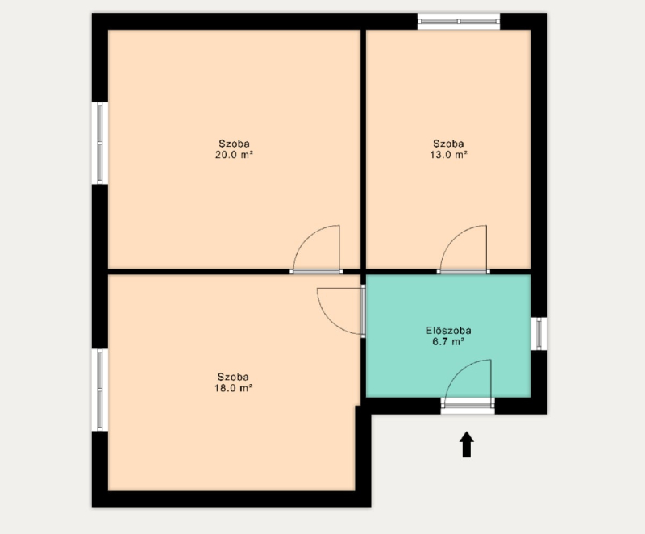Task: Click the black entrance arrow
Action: click(x=467, y=444)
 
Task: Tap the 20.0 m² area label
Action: click(x=234, y=155)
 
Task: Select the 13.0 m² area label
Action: click(x=448, y=155)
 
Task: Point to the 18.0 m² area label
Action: click(x=233, y=388)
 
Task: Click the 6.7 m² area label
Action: click(x=448, y=341)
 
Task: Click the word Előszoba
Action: click(x=448, y=331)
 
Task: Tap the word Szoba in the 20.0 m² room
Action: click(x=234, y=144)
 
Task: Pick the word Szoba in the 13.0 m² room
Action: click(x=448, y=144)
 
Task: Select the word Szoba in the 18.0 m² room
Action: click(x=233, y=377)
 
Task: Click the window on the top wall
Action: click(x=459, y=22)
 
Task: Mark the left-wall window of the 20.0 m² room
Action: click(x=100, y=143)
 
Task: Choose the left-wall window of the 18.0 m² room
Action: click(x=100, y=390)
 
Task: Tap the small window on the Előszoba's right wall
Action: click(x=539, y=334)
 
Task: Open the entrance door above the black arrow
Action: click(x=468, y=406)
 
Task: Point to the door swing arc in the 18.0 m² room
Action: click(x=328, y=321)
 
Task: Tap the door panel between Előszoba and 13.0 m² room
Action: click(x=463, y=272)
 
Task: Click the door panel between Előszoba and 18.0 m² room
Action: click(x=364, y=311)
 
